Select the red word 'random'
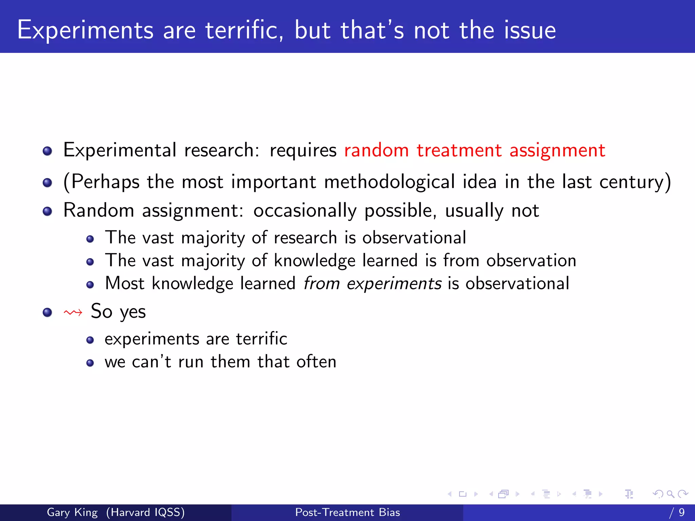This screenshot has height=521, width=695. (376, 150)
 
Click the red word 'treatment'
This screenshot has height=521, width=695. (459, 150)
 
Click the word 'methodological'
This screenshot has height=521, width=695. (389, 182)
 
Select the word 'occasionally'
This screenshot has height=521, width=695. (305, 211)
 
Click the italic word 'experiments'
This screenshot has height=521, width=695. (394, 284)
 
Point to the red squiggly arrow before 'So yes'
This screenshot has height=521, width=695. (73, 312)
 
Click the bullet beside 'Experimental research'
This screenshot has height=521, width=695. (48, 151)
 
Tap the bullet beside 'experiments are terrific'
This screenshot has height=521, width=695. (90, 340)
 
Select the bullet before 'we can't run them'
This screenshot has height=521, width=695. (90, 363)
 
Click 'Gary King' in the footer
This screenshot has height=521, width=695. (72, 512)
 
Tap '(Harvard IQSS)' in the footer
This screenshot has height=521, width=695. (145, 512)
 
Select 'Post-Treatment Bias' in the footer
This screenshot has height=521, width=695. (347, 512)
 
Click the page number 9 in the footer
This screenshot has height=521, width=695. (681, 512)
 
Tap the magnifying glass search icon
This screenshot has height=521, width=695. (670, 494)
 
